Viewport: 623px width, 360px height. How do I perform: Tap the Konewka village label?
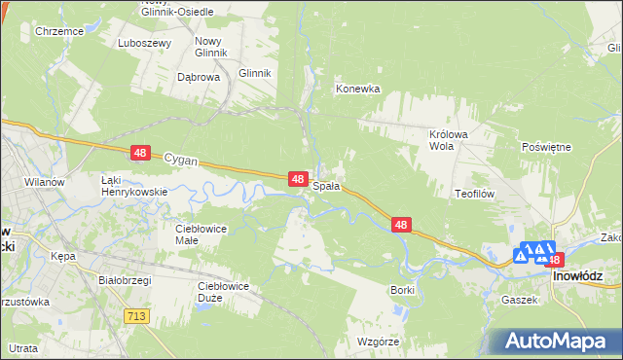(357, 89)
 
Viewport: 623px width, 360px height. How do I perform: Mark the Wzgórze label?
(379, 342)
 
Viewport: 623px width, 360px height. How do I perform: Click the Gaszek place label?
(520, 300)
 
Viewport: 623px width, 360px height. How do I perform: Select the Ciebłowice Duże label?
(224, 292)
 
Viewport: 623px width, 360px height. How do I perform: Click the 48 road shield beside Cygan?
(141, 153)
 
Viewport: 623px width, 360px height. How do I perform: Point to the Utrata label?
(23, 347)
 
